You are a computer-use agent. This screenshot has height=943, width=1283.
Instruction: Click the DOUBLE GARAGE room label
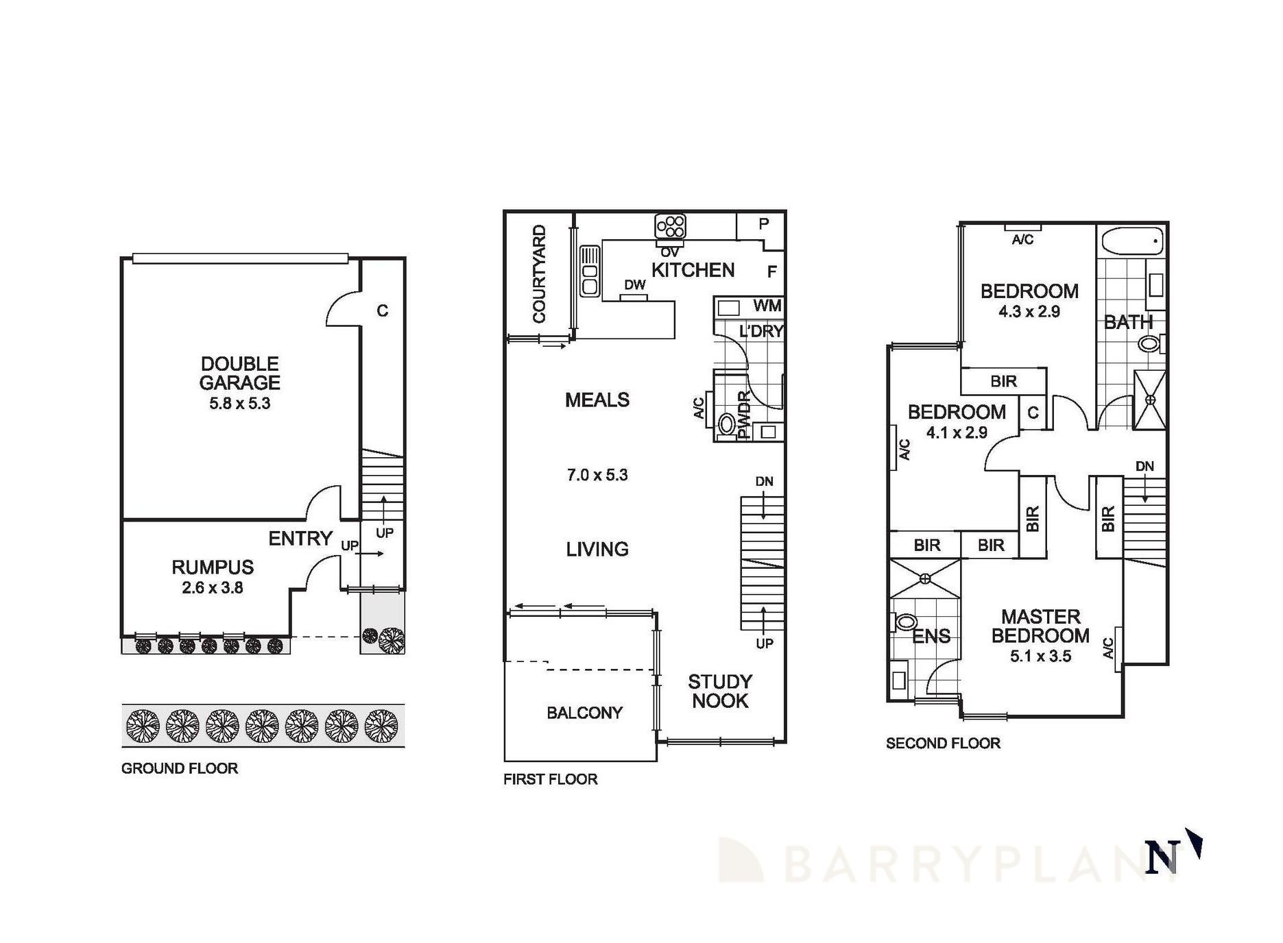point(239,373)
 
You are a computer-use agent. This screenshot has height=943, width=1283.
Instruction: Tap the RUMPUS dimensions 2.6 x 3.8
point(213,587)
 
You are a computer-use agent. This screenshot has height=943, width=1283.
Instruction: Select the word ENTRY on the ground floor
point(300,539)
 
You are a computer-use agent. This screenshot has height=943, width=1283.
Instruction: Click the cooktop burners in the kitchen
point(670,226)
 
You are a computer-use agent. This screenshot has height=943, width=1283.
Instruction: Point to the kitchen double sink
point(590,271)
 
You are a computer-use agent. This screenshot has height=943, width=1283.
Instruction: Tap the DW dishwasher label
point(635,284)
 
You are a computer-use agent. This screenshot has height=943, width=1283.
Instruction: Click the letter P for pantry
point(764,223)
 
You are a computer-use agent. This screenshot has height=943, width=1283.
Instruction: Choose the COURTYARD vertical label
point(540,274)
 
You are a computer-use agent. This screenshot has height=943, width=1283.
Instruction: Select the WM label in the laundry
point(767,306)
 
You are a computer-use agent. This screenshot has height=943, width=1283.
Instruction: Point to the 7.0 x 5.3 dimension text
point(597,475)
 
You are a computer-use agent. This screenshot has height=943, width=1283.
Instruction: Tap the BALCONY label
point(584,713)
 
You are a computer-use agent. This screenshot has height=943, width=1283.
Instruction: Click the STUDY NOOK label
point(720,691)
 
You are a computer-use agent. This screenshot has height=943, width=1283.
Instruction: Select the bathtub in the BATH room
point(1132,241)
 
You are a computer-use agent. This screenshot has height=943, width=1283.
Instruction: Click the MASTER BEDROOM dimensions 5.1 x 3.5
point(1040,657)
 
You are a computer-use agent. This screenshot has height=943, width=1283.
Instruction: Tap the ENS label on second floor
point(931,637)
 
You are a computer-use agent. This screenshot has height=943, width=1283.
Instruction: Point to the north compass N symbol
point(1162,857)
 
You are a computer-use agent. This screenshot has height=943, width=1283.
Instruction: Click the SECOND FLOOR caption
point(943,743)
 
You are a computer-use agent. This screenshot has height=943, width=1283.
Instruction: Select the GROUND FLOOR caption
point(180,768)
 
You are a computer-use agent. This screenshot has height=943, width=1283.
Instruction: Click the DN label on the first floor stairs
point(765,481)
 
